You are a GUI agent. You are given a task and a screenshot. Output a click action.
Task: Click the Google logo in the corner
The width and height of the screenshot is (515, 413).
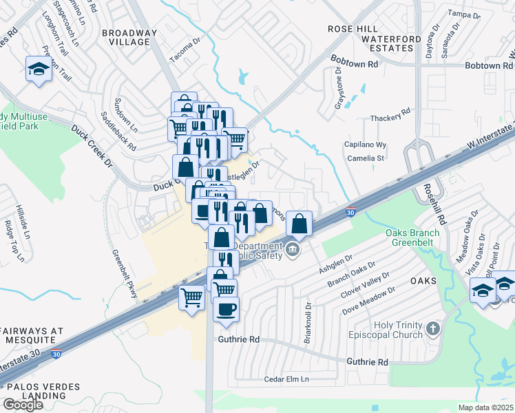(23, 404)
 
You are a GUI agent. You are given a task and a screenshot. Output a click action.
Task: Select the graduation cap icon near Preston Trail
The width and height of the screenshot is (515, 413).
(38, 68)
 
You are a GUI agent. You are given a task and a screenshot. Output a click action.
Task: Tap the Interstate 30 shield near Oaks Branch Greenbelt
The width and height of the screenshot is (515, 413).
(350, 213)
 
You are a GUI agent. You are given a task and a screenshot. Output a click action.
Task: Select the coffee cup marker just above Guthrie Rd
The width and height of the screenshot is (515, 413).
(225, 308)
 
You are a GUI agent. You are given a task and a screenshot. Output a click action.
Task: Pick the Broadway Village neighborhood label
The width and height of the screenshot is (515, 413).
(125, 37)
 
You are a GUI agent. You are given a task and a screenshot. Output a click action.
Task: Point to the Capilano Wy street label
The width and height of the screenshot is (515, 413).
(365, 145)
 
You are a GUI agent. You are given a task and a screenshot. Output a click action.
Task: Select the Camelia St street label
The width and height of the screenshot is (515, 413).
(365, 158)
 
